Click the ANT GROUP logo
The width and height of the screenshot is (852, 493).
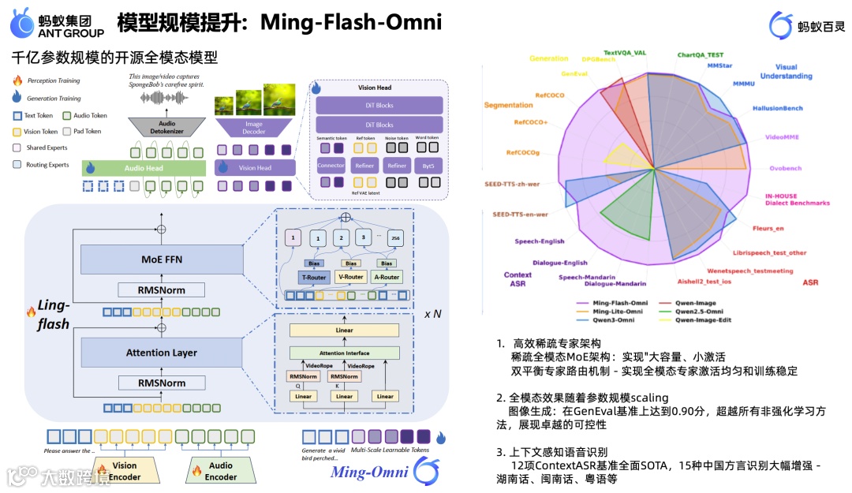57,23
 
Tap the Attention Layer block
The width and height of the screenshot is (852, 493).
161,353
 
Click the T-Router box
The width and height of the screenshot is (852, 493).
312,277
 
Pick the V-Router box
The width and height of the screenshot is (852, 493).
350,277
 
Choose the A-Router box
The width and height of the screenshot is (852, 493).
387,277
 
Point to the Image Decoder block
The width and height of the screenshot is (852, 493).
253,127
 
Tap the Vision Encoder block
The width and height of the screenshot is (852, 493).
125,471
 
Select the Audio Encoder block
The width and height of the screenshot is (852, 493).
221,471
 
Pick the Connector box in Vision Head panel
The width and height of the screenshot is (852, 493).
331,166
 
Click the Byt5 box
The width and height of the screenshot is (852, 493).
429,166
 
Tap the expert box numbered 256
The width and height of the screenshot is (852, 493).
394,237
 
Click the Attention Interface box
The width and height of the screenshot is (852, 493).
344,353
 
